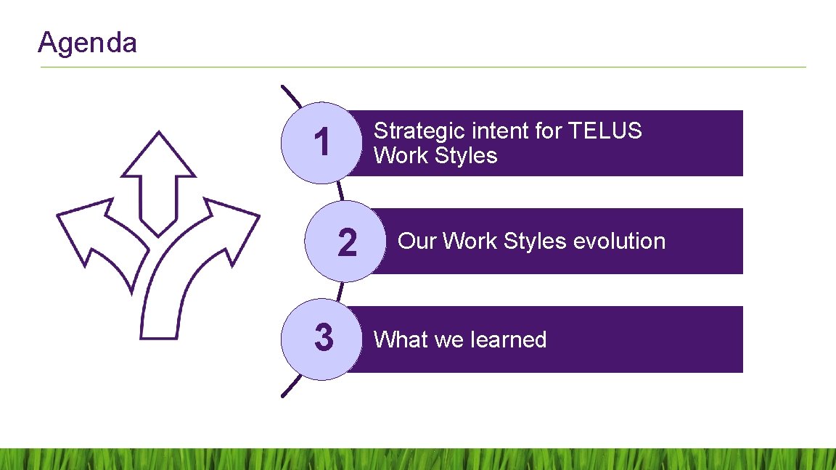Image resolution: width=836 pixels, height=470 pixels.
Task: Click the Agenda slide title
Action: [87, 43]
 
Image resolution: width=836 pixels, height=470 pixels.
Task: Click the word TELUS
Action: [605, 131]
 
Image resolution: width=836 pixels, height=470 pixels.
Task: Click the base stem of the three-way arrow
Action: [158, 319]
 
